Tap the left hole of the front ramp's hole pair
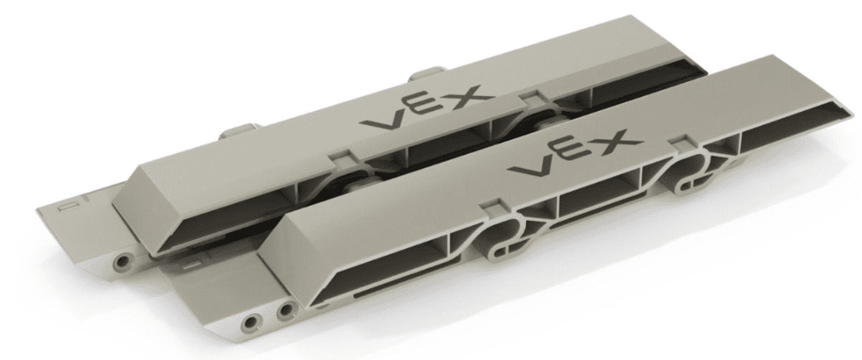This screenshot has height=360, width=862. [254, 321]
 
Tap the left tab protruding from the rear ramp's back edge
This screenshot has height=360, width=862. [231, 129]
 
